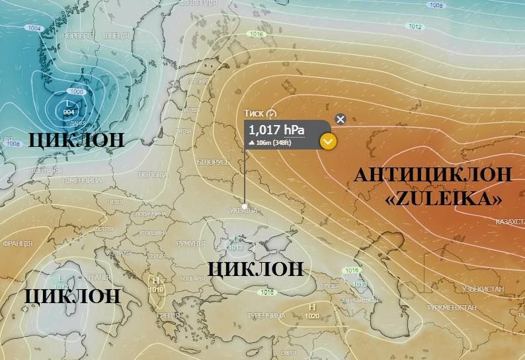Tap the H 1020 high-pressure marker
tap(311, 311)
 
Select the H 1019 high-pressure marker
tap(157, 285)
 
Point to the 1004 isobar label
tap(34, 28)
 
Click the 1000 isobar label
tap(77, 91)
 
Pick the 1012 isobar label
tap(415, 26)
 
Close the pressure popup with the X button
tap(341, 119)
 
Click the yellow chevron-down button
tap(328, 141)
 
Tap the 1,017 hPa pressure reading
tap(276, 129)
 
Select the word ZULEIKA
tap(442, 198)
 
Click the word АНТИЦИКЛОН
tap(433, 175)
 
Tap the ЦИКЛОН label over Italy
tap(73, 295)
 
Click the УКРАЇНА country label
tap(243, 210)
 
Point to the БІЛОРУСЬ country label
tap(213, 161)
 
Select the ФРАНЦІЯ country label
tap(17, 244)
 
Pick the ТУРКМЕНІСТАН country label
tap(450, 308)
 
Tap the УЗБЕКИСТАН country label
tap(483, 289)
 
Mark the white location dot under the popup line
tap(245, 206)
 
